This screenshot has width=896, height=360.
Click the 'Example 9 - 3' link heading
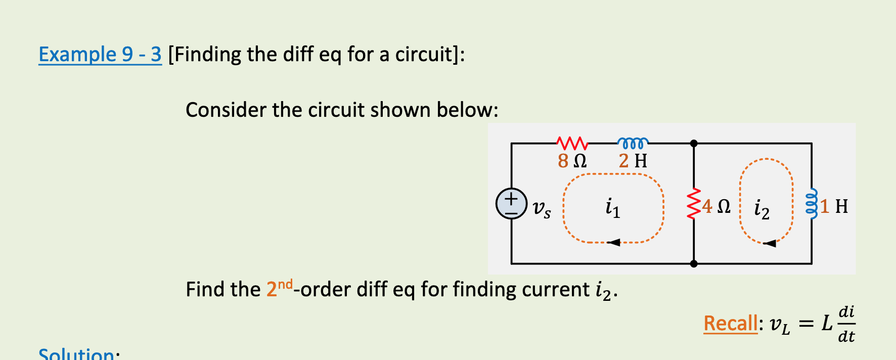point(100,54)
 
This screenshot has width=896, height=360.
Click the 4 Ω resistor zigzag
point(694,204)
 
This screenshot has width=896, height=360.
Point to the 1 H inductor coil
point(812,204)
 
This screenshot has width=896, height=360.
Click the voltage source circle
point(511,204)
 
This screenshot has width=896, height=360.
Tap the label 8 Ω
point(572,161)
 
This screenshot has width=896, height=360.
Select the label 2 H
point(633,161)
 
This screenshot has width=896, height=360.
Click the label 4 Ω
point(716,206)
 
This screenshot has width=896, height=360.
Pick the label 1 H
point(834,206)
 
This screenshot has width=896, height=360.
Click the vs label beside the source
point(542,208)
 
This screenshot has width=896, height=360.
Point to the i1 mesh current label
point(612,208)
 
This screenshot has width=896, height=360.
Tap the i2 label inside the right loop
point(761,209)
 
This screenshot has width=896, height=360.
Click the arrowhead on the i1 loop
point(613,242)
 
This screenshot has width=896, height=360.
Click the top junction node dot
point(694,144)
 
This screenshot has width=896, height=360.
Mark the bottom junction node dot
point(694,263)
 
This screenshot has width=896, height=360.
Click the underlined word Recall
point(730,323)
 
